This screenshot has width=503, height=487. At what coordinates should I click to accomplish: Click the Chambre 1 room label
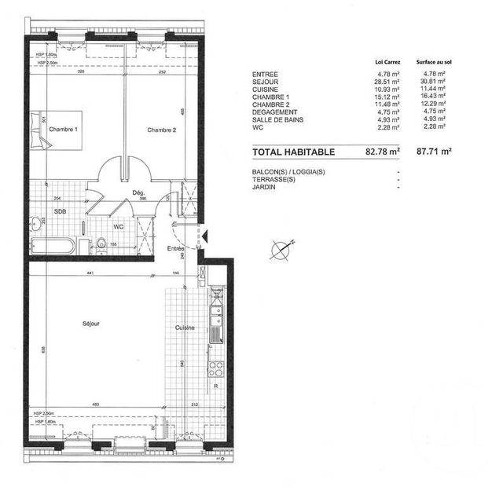coord(63,129)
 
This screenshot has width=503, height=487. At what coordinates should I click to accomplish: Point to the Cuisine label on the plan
coord(185,328)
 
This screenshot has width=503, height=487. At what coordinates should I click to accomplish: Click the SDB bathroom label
coord(60,212)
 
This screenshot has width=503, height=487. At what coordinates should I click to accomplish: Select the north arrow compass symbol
coord(281,250)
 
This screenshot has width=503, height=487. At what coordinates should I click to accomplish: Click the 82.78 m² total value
coord(383,151)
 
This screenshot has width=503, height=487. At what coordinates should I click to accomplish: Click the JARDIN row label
coord(263,188)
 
